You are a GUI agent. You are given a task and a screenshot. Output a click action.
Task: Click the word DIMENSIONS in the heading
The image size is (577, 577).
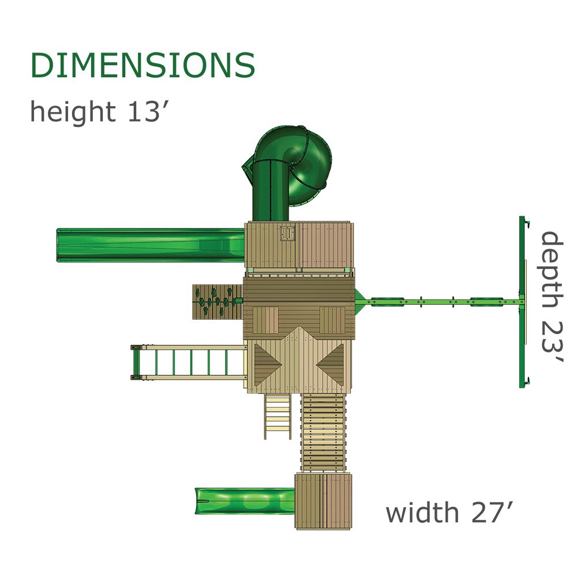click(143, 65)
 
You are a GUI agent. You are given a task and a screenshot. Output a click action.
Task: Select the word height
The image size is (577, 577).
click(73, 111)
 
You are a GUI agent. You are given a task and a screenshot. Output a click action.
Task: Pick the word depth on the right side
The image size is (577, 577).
click(552, 271)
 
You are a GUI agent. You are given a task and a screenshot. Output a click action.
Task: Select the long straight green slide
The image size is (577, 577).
click(151, 245)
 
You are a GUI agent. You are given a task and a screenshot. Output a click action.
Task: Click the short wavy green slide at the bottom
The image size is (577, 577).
click(245, 501)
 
